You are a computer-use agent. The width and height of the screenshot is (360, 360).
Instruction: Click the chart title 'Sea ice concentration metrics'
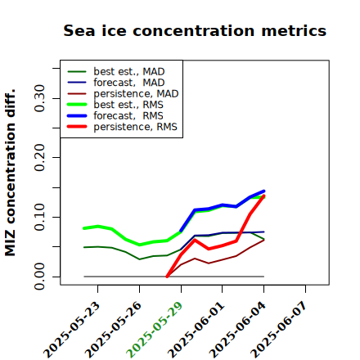click(195, 30)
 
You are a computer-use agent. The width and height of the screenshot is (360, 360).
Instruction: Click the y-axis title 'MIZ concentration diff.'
click(10, 173)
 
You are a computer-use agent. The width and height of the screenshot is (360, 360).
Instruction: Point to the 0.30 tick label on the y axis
click(39, 98)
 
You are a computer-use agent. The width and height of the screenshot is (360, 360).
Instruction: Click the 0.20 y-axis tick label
click(39, 157)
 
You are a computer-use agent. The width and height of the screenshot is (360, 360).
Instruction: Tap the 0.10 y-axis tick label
click(39, 217)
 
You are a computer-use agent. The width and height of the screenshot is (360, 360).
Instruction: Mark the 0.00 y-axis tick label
click(39, 277)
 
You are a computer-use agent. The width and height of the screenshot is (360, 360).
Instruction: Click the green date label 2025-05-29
click(155, 330)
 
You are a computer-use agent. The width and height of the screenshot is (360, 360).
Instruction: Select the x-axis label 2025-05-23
click(72, 330)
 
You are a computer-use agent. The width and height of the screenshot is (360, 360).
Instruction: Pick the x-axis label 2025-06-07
click(279, 330)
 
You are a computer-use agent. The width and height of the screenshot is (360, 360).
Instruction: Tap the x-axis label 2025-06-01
click(196, 330)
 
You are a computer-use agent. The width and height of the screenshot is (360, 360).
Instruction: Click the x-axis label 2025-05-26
click(113, 330)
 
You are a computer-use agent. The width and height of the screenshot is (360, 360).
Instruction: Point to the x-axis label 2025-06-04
click(237, 330)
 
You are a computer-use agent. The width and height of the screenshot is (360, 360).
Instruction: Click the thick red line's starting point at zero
click(167, 277)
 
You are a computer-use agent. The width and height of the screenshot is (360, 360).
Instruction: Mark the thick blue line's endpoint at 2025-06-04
click(263, 191)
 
